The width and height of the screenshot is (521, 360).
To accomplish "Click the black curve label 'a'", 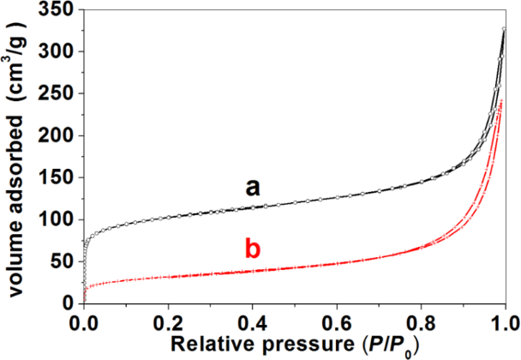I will (x=252, y=187).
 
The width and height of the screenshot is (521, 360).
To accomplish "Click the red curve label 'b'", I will (x=252, y=250).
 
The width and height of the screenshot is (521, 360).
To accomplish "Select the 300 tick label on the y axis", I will (x=57, y=52).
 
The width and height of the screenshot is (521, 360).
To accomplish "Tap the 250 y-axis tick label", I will (x=57, y=94).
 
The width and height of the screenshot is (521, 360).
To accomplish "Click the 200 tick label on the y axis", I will (x=57, y=136).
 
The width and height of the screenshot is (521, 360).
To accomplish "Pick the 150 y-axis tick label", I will (x=57, y=177).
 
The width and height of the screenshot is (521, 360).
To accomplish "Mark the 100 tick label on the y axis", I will (x=57, y=219).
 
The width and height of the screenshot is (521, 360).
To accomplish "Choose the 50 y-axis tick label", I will (x=62, y=261).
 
